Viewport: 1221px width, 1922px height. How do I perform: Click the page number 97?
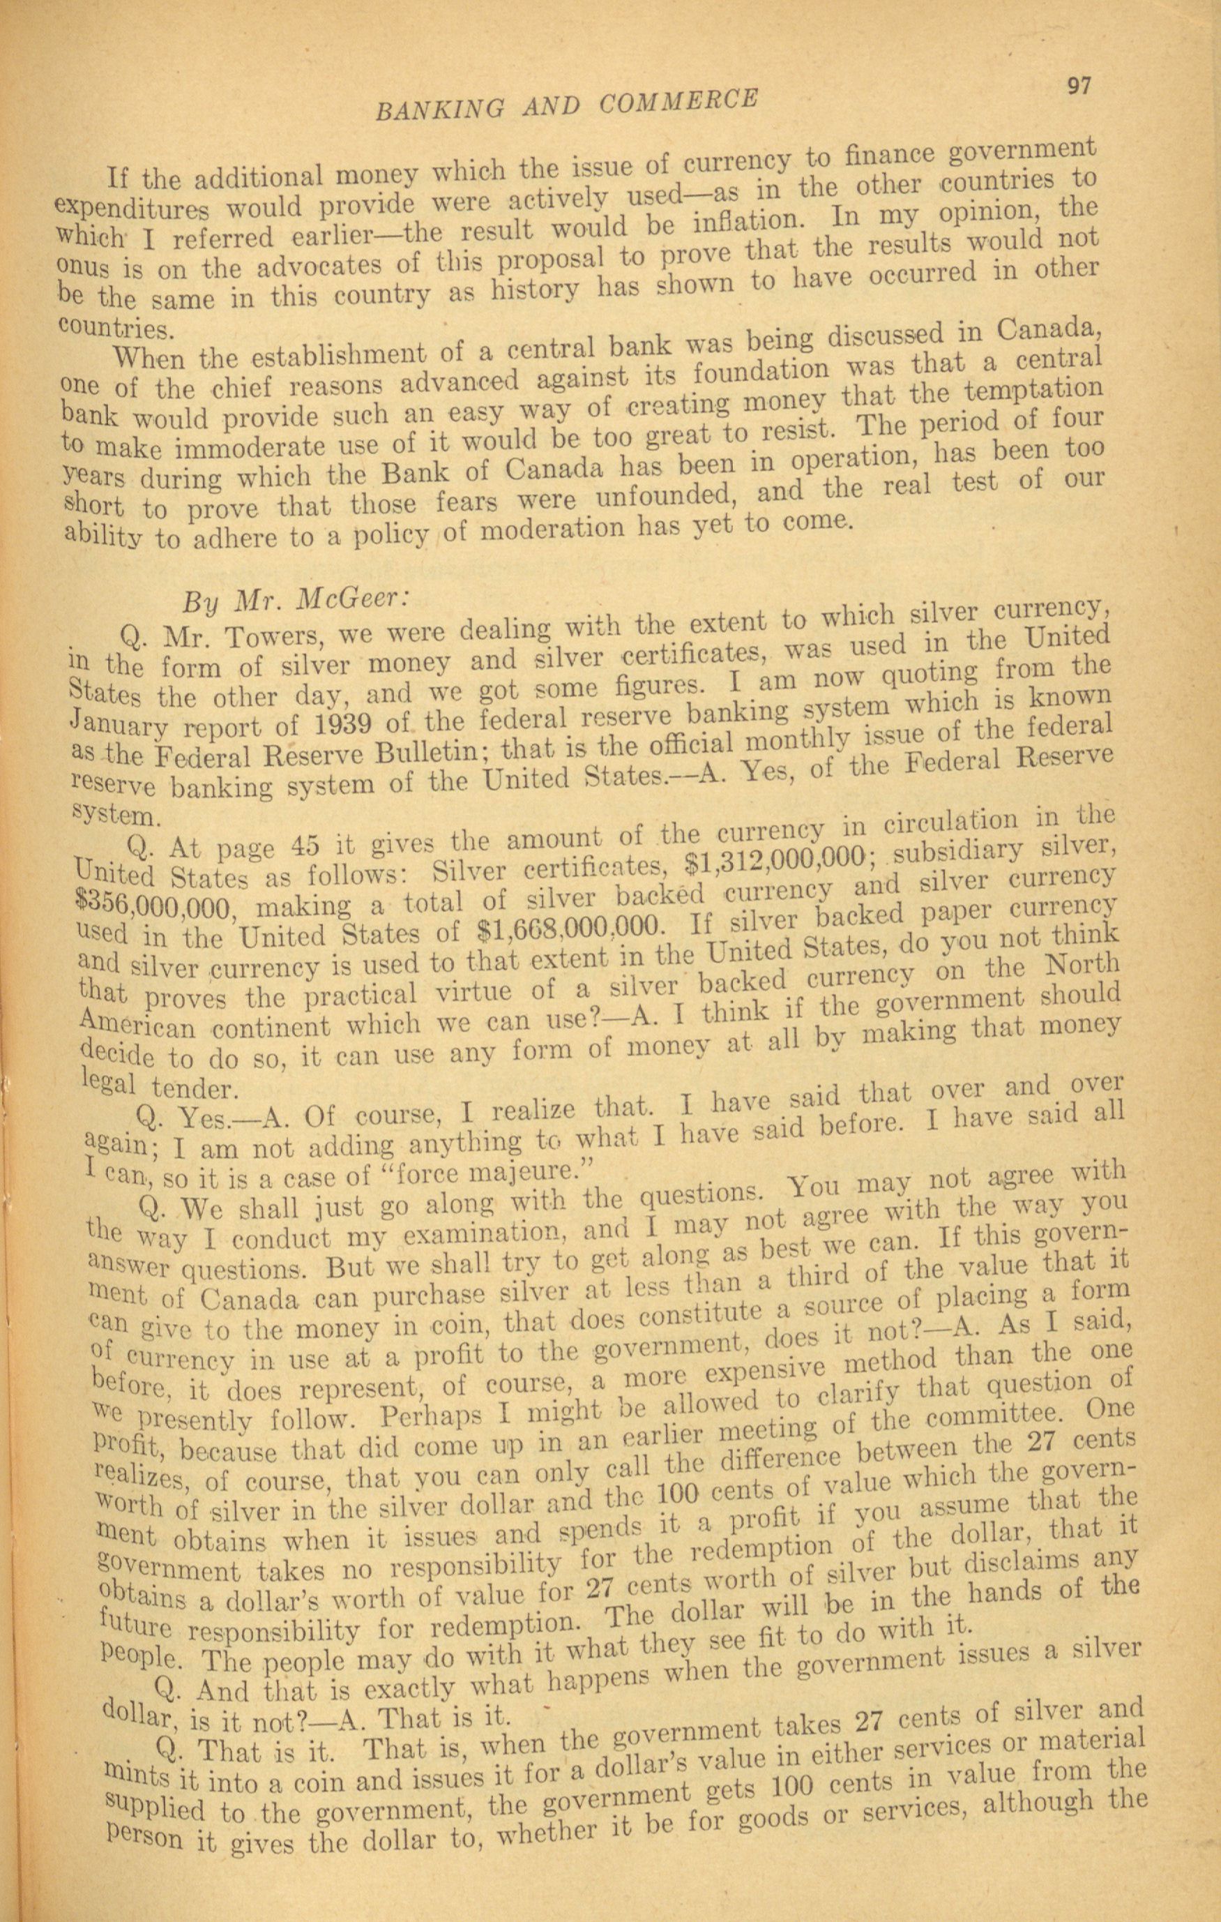(x=1078, y=84)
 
